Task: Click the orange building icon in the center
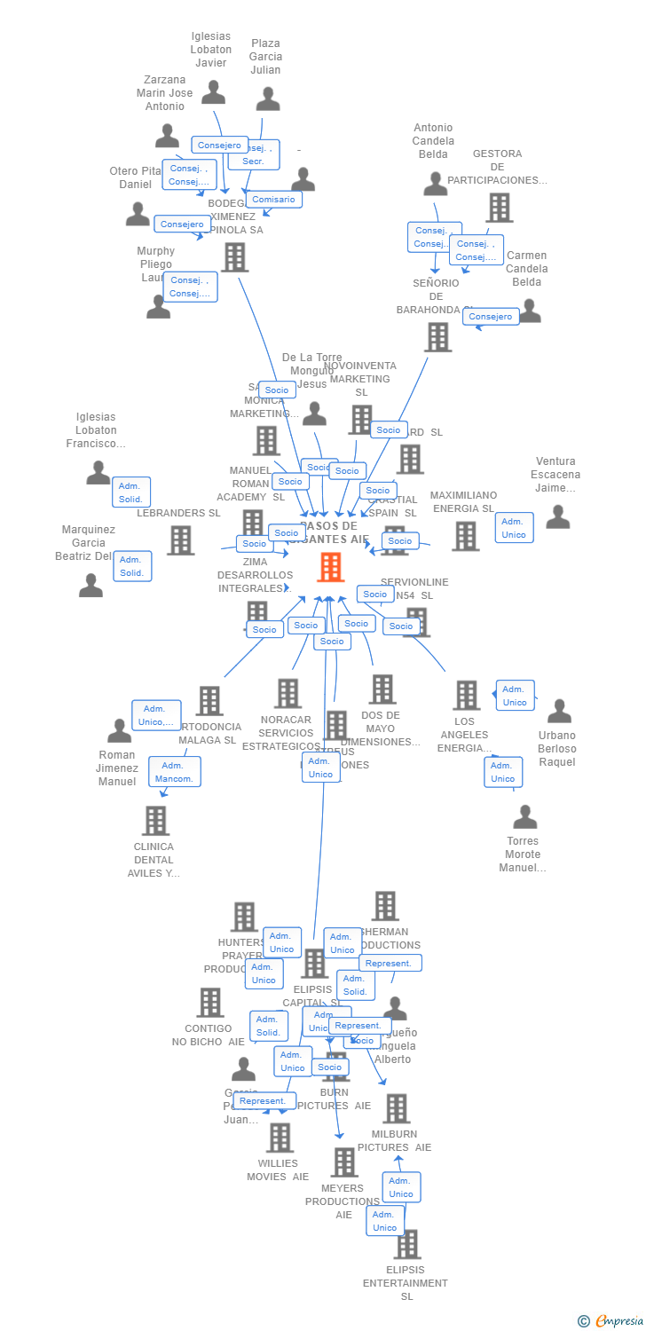(x=330, y=567)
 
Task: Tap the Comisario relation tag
(x=274, y=199)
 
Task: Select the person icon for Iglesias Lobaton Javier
(x=213, y=92)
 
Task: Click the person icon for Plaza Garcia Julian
(x=268, y=98)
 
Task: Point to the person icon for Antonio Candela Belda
(x=435, y=184)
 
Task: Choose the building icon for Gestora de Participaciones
(x=500, y=208)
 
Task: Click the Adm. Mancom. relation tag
(x=174, y=771)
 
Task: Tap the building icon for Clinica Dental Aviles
(x=155, y=821)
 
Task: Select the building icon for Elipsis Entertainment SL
(x=407, y=1244)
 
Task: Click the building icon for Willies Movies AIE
(x=280, y=1137)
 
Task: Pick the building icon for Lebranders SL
(x=180, y=539)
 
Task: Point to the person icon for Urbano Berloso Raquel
(x=559, y=711)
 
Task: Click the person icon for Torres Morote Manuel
(x=525, y=816)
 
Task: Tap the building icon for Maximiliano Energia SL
(x=466, y=536)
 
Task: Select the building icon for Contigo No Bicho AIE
(x=209, y=1003)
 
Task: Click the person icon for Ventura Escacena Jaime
(x=557, y=516)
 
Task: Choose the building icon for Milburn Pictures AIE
(x=396, y=1108)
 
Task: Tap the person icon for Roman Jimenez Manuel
(x=119, y=731)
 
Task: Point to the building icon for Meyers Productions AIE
(x=344, y=1162)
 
